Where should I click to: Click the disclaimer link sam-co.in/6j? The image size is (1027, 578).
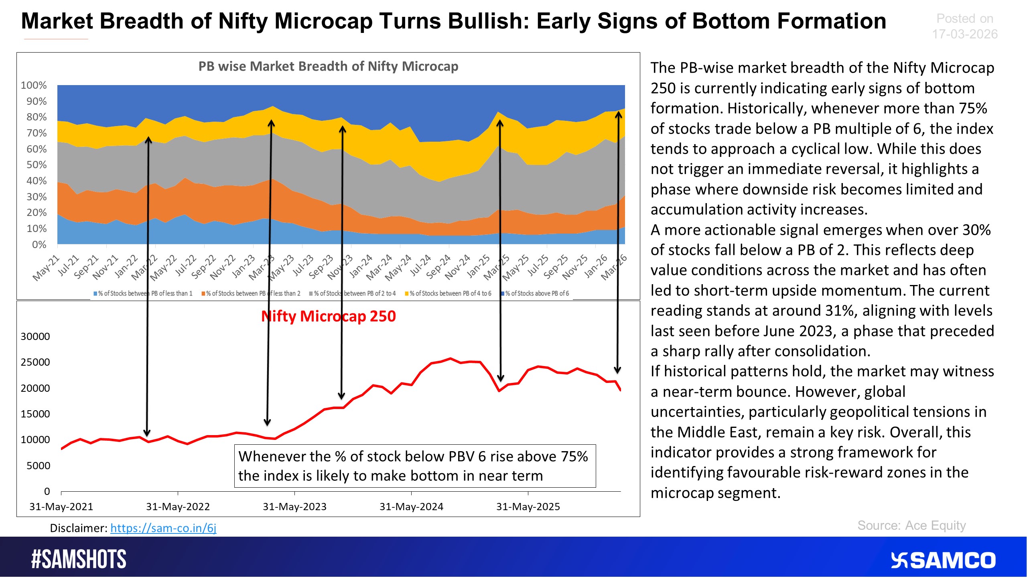pos(163,528)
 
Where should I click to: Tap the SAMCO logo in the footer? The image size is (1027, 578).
pos(943,560)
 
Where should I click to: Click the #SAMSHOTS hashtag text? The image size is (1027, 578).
pos(79,559)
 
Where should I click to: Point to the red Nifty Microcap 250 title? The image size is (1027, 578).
pos(328,316)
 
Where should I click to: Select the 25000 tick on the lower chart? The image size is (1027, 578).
pos(35,362)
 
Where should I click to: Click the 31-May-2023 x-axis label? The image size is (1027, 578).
pos(294,507)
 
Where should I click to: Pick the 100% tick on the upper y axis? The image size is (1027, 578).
pos(34,85)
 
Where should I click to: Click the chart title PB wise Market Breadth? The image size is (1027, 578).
pos(328,66)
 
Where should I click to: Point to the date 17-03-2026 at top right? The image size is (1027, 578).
pos(964,34)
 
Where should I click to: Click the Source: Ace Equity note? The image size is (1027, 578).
pos(911,525)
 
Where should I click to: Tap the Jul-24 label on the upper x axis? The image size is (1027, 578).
pos(420,266)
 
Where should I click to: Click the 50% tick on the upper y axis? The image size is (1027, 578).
pos(37,165)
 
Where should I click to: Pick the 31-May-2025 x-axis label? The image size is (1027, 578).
pos(528,507)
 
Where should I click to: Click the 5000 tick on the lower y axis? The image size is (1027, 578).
pos(38,466)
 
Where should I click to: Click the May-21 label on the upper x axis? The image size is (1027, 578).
pos(46,268)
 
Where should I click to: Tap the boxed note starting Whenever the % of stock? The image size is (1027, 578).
pos(415,466)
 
